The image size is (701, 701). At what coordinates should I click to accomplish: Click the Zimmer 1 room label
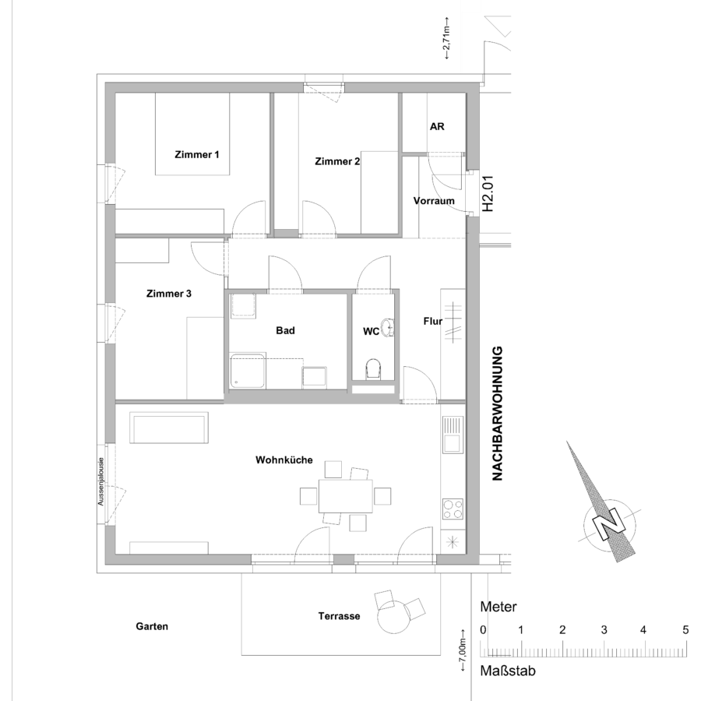197,155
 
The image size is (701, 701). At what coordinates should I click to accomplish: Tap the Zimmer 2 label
337,161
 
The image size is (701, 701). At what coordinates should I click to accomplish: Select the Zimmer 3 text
169,294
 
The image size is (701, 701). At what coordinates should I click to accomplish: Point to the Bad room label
285,330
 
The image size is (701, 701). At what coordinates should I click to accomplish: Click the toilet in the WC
373,369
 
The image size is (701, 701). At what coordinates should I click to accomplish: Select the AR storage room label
437,126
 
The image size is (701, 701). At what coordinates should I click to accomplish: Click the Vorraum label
434,201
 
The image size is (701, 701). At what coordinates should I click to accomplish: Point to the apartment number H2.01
488,193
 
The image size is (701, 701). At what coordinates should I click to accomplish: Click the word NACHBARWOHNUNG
497,414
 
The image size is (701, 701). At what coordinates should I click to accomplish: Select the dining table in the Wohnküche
346,496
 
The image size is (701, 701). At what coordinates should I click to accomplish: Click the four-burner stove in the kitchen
453,509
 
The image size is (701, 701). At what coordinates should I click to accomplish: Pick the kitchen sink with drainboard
453,434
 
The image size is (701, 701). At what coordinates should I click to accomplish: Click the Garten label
152,626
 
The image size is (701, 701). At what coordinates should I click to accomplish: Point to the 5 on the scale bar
685,630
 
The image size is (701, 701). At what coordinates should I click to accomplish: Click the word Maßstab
508,671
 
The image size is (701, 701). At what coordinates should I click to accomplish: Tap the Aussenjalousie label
100,481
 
